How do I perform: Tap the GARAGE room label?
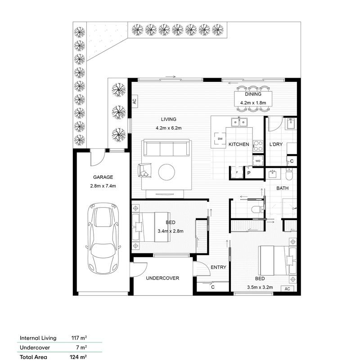[103, 177]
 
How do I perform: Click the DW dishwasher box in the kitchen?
[220, 139]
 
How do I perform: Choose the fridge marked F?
[236, 173]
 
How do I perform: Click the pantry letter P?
[248, 173]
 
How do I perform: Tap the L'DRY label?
[276, 145]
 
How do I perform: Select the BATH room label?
[283, 188]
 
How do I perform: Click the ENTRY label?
[218, 267]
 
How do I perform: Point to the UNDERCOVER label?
[162, 278]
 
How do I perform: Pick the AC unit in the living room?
[134, 101]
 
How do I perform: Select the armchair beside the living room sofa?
[145, 169]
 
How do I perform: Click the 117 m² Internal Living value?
[79, 337]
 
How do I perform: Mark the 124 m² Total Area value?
[79, 357]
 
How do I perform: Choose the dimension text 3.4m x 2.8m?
[171, 231]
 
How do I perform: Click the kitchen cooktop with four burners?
[258, 146]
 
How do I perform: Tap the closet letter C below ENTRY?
[212, 287]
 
